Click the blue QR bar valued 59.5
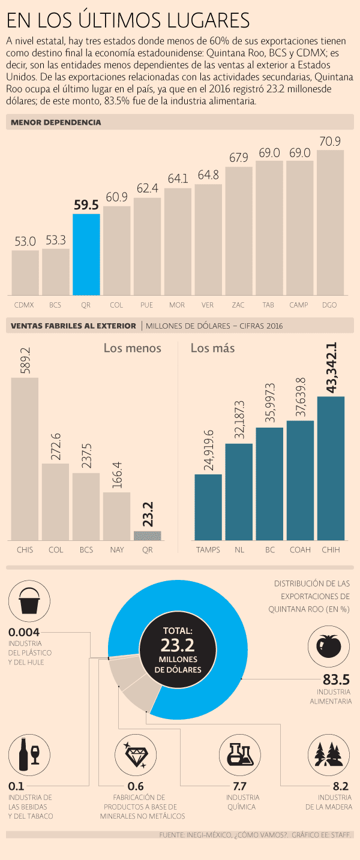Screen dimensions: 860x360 pyautogui.click(x=86, y=254)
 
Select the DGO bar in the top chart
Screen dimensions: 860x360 pyautogui.click(x=329, y=222)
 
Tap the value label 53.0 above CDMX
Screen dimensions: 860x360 pyautogui.click(x=25, y=241)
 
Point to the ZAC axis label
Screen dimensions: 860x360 pyautogui.click(x=238, y=305)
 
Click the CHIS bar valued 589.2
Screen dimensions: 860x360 pyautogui.click(x=25, y=459)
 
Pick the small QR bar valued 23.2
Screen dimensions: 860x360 pyautogui.click(x=147, y=536)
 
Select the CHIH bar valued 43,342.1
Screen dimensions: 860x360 pyautogui.click(x=330, y=468)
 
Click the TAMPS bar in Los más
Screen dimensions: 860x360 pyautogui.click(x=208, y=507)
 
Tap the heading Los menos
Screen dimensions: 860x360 pyautogui.click(x=132, y=348)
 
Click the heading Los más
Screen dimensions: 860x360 pyautogui.click(x=212, y=348)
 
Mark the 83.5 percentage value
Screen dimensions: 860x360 pyautogui.click(x=336, y=680)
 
